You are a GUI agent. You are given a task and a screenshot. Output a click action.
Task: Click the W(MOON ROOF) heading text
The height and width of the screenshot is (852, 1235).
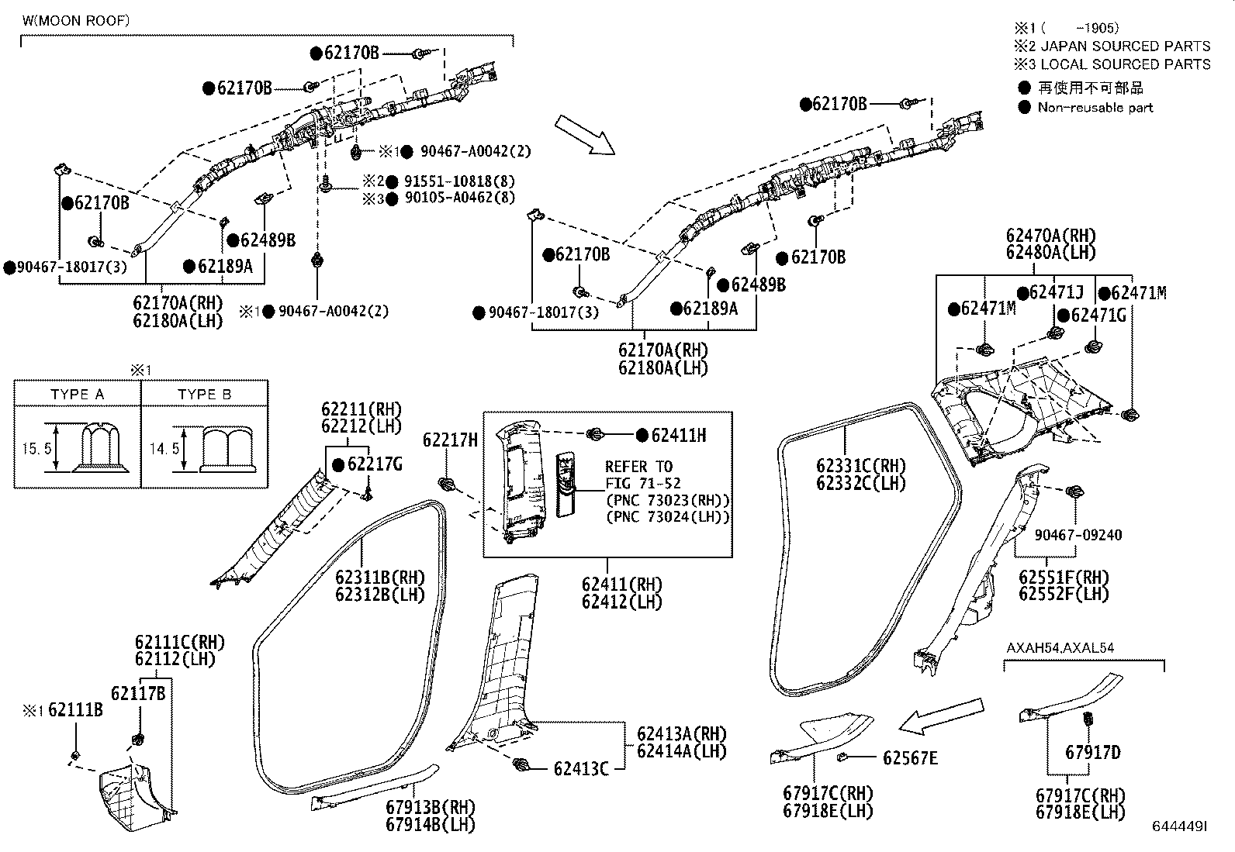75,21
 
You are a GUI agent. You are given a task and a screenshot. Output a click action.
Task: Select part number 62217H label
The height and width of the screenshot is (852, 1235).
450,440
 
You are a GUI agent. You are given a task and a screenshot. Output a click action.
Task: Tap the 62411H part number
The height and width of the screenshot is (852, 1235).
678,436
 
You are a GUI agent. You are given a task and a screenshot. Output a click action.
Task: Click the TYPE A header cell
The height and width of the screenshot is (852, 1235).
77,395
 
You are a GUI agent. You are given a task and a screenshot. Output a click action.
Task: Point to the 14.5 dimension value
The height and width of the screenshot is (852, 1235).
154,449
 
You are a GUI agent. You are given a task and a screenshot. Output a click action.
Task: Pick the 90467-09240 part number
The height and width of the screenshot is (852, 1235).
1078,536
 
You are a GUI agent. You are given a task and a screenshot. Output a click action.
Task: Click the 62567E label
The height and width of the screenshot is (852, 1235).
909,758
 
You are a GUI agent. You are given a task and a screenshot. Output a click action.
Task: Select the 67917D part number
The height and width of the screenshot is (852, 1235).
1092,753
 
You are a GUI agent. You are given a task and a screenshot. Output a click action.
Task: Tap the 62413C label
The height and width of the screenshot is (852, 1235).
580,768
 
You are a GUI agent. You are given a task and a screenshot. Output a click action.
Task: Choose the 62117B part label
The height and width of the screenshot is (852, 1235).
137,693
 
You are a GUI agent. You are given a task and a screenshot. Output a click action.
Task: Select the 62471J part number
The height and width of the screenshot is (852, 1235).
1056,292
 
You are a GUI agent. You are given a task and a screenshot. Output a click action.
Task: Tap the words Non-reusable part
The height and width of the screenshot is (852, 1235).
1095,108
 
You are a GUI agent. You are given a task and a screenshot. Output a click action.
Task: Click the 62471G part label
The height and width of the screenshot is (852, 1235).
1097,315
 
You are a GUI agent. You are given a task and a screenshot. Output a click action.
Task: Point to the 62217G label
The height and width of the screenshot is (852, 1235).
375,464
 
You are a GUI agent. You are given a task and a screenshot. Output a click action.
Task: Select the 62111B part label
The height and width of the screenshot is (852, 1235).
75,709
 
